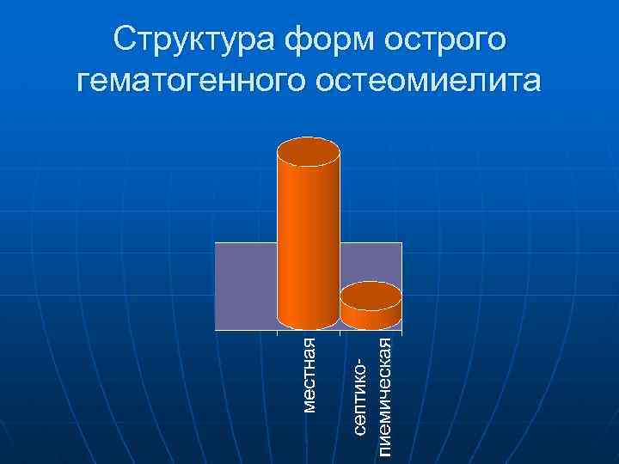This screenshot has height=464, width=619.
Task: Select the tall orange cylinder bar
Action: pyautogui.click(x=308, y=241)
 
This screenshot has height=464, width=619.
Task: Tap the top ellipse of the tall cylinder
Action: pyautogui.click(x=308, y=152)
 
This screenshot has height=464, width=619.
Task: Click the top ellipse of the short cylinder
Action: pyautogui.click(x=371, y=296)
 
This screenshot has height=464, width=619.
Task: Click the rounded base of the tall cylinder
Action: pyautogui.click(x=308, y=324)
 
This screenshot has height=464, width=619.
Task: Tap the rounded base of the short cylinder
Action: pyautogui.click(x=371, y=324)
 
